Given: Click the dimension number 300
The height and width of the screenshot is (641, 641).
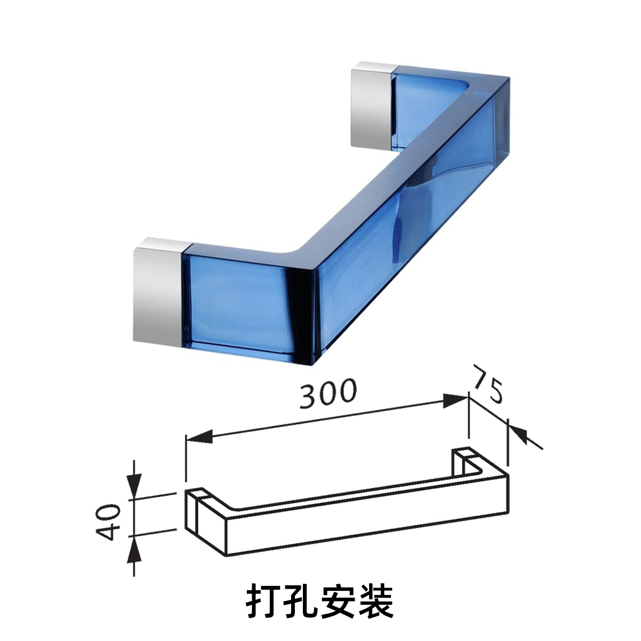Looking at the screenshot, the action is (x=327, y=394).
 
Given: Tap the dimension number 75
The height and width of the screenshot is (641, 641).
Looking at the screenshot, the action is (x=487, y=385).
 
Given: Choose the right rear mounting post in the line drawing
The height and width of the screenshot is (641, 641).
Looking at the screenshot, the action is (x=459, y=462).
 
